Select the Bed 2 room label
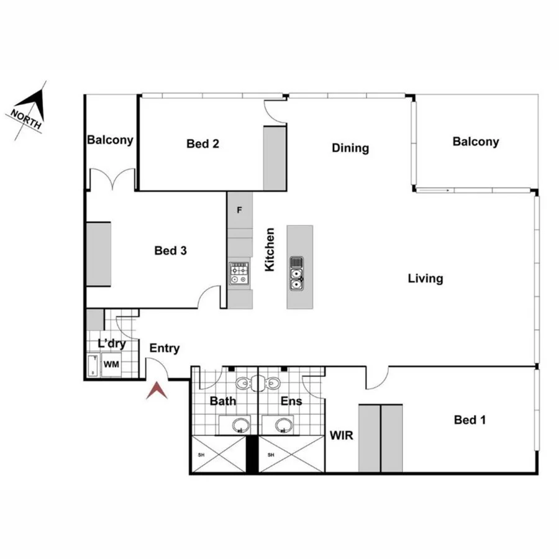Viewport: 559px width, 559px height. (x=202, y=144)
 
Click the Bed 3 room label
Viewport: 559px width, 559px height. (x=171, y=251)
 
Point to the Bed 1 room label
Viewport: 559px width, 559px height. (x=470, y=420)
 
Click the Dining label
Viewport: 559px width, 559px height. (x=350, y=148)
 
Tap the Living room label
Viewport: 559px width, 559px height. (x=425, y=278)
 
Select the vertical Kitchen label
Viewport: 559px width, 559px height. (x=270, y=250)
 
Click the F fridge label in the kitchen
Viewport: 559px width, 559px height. (x=239, y=210)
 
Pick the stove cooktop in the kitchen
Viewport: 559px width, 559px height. (x=239, y=273)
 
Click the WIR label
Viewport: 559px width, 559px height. (x=341, y=435)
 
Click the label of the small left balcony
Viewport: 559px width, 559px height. (x=110, y=140)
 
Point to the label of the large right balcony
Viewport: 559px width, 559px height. (x=475, y=142)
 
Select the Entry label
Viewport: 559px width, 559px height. (x=165, y=348)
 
